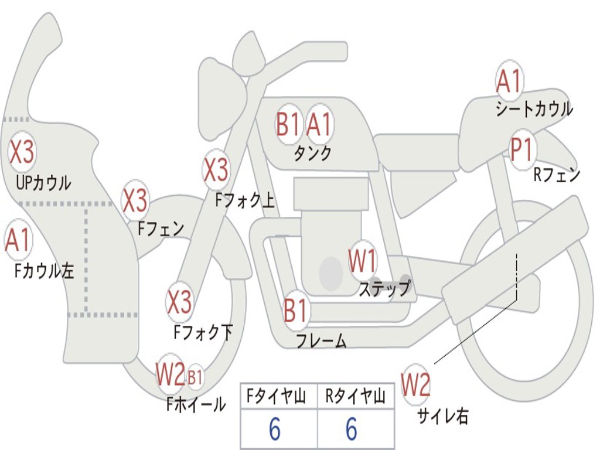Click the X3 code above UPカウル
click(x=22, y=152)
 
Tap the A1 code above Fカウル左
click(x=18, y=241)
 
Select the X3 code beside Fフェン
click(x=135, y=201)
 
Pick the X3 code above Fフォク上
click(x=216, y=169)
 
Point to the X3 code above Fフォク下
click(x=179, y=302)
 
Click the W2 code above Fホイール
click(x=170, y=375)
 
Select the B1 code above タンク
click(x=288, y=124)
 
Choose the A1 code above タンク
click(x=319, y=124)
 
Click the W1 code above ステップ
click(x=363, y=261)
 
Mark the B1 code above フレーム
click(x=295, y=311)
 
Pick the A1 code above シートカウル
click(x=509, y=81)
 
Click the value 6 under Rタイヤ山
click(x=352, y=430)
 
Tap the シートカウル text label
click(x=534, y=109)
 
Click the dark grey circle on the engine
click(x=331, y=273)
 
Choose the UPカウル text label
click(x=43, y=182)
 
